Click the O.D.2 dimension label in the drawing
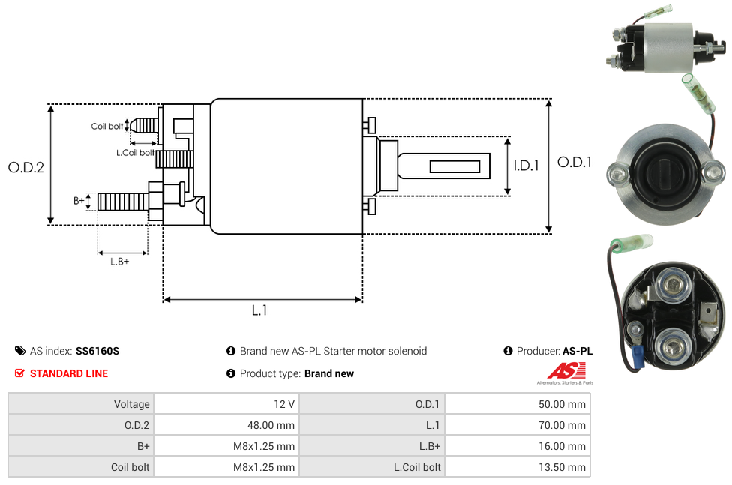(26, 167)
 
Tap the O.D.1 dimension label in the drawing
(574, 162)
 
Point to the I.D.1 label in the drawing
(526, 166)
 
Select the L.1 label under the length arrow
(259, 310)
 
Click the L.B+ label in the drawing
(120, 262)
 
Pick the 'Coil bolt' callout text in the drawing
(106, 126)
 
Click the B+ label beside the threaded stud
(79, 201)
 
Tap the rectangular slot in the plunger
(455, 166)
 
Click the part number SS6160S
(97, 351)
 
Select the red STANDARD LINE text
(69, 373)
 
